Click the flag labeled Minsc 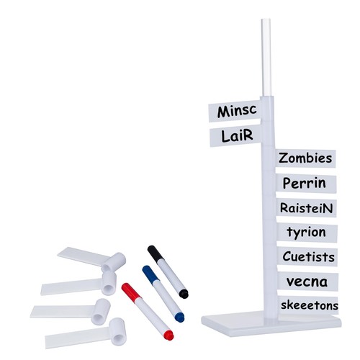pos(235,112)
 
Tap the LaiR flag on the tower pos(235,136)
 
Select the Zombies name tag pos(305,158)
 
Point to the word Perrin pos(305,184)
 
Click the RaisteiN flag pos(306,208)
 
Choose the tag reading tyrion pos(307,233)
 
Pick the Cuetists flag pos(307,257)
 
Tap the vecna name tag pos(308,282)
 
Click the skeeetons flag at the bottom pos(309,305)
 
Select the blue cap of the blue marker pos(150,274)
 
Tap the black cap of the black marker pos(156,253)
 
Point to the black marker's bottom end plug pos(184,294)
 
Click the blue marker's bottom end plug pos(180,318)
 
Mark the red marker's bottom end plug pos(168,336)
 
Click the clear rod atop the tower pos(266,58)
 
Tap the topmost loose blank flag pos(91,258)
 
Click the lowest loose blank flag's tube pos(117,332)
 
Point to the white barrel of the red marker pos(153,315)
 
